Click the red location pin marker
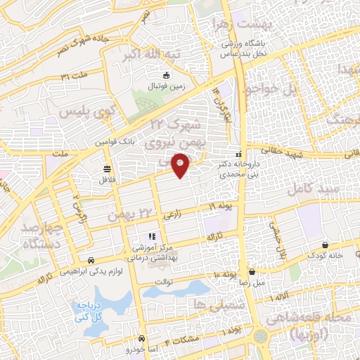tap(181, 165)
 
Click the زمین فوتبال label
tap(164, 86)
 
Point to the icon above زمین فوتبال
tap(166, 75)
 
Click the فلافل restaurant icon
tap(107, 169)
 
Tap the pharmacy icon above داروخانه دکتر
tap(240, 153)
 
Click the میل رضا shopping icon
tap(252, 272)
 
